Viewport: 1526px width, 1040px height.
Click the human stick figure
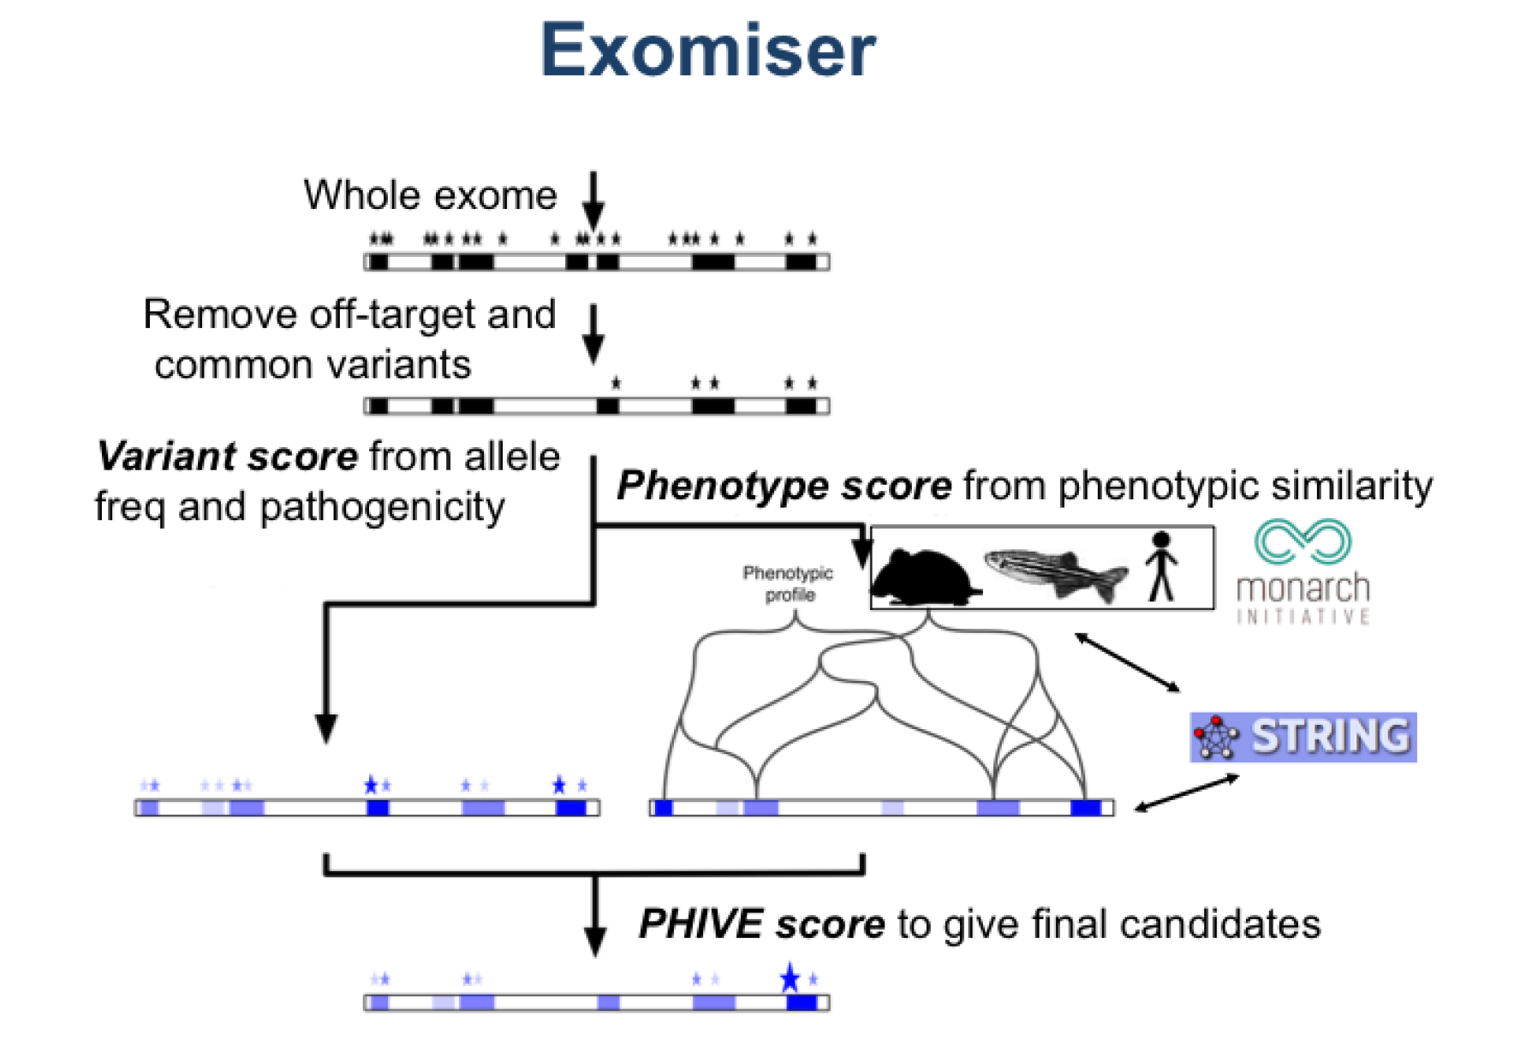coord(1161,566)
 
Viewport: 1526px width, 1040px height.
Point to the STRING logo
coord(1302,737)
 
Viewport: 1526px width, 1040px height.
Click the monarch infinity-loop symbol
coord(1302,541)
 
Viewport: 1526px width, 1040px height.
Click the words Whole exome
coord(430,195)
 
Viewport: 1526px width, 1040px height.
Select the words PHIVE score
coord(761,924)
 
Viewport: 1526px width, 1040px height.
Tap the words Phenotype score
coord(784,486)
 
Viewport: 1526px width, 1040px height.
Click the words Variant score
coord(227,456)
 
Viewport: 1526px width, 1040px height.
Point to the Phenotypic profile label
coord(788,583)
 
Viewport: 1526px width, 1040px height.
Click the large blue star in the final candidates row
coord(790,977)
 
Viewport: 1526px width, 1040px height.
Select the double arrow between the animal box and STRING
coord(1127,661)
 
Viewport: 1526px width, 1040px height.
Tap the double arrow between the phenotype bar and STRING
coord(1186,792)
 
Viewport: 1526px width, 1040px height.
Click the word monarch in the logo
coord(1302,589)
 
